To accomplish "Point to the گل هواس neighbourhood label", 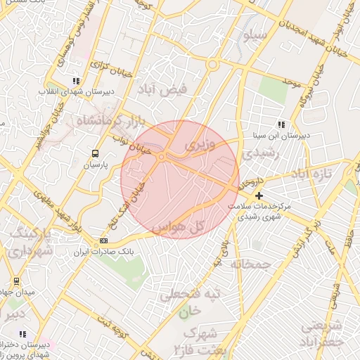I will pyautogui.click(x=198, y=226).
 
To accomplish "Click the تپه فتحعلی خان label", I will pyautogui.click(x=185, y=302).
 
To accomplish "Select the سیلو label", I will pyautogui.click(x=254, y=33).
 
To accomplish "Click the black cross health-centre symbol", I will pyautogui.click(x=259, y=195).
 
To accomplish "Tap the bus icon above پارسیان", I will pyautogui.click(x=96, y=153).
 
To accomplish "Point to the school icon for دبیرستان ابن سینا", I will pyautogui.click(x=281, y=124).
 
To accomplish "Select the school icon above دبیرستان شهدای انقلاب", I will pyautogui.click(x=76, y=80).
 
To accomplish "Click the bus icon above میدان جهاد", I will pyautogui.click(x=16, y=281).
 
